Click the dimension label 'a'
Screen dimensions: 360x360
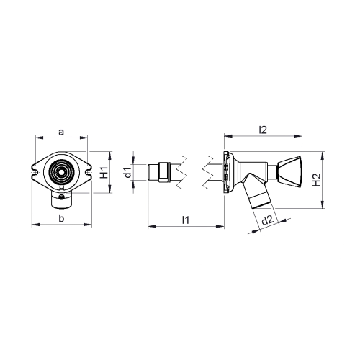click(62, 132)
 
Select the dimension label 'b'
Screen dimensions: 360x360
click(62, 219)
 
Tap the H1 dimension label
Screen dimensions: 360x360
click(104, 173)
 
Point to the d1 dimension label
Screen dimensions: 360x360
click(128, 173)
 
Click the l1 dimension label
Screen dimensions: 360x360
click(186, 220)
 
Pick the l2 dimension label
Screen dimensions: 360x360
click(263, 130)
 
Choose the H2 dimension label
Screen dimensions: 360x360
click(317, 180)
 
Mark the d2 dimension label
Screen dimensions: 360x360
click(268, 220)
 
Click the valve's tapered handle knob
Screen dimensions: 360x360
click(289, 171)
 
